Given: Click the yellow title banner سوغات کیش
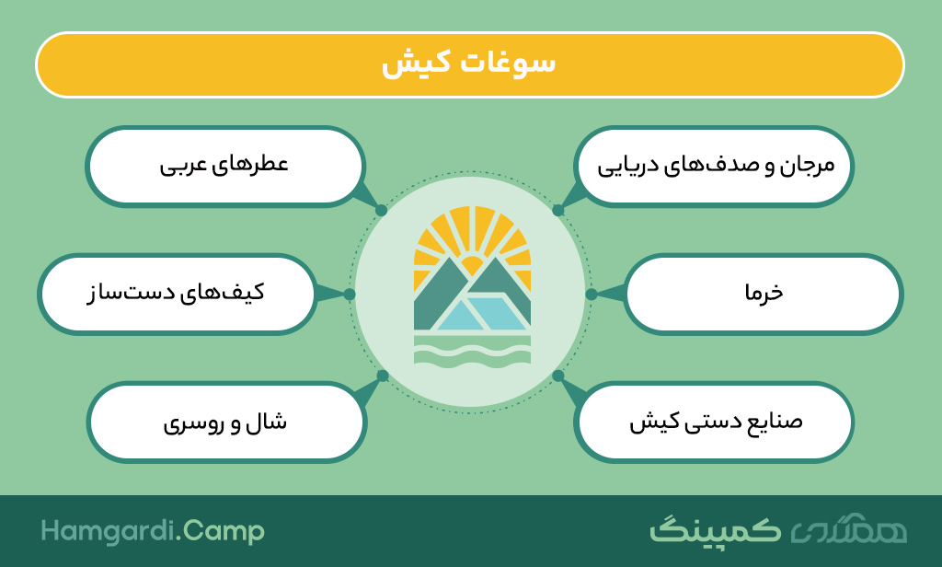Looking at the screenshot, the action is click(470, 65).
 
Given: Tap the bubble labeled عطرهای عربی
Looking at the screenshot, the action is click(224, 167).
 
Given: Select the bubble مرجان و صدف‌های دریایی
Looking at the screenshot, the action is click(714, 167).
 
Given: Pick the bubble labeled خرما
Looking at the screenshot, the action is click(764, 294).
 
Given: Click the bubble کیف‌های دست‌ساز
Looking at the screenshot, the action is click(177, 294).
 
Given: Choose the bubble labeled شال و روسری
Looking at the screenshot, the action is click(226, 422).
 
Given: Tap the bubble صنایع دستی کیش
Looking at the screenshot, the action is click(714, 422).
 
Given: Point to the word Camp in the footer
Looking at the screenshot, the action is click(224, 531).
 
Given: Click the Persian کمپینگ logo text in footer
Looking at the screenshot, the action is click(716, 529).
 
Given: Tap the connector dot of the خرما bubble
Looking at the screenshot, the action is click(592, 294).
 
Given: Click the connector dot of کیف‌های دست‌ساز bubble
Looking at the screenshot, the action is click(350, 294).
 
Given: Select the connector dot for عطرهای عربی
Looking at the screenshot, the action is click(382, 211).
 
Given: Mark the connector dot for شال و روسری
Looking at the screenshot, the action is click(383, 376).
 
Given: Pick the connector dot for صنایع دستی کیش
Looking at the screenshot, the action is click(558, 376).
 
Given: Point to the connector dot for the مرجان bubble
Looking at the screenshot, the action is click(558, 211).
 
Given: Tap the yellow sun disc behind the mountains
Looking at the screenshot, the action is click(472, 264).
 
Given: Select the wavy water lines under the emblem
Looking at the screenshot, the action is click(472, 351).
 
